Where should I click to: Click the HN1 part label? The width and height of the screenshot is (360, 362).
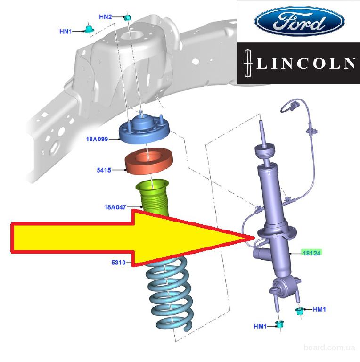pyautogui.click(x=65, y=32)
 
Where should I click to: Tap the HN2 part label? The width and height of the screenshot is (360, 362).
pyautogui.click(x=105, y=17)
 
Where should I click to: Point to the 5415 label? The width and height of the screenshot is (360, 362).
pyautogui.click(x=104, y=170)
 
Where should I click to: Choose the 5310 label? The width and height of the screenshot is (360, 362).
pyautogui.click(x=118, y=263)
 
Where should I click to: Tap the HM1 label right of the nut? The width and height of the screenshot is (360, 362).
pyautogui.click(x=319, y=309)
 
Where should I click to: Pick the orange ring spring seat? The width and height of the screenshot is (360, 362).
pyautogui.click(x=148, y=163)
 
